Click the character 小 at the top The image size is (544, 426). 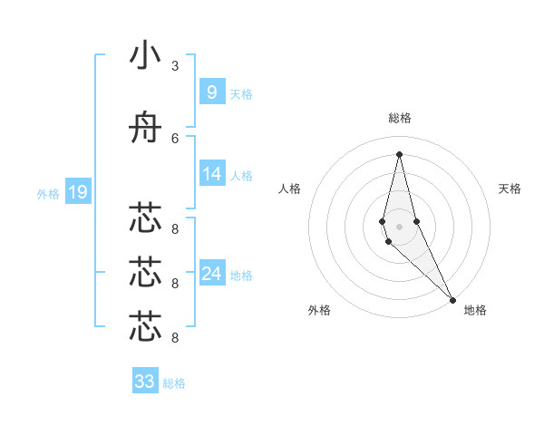pyautogui.click(x=145, y=55)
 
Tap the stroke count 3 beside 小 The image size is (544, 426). pyautogui.click(x=175, y=66)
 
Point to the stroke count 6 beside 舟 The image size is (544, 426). pyautogui.click(x=175, y=138)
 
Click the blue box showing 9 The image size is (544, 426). pyautogui.click(x=211, y=92)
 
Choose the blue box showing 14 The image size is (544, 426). pyautogui.click(x=211, y=173)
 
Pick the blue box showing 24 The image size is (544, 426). pyautogui.click(x=211, y=274)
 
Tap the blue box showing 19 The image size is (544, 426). pyautogui.click(x=77, y=191)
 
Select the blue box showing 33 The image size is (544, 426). pyautogui.click(x=144, y=382)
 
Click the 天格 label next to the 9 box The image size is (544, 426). pyautogui.click(x=241, y=93)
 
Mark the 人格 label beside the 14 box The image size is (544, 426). pyautogui.click(x=241, y=175)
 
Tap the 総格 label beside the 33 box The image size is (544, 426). pyautogui.click(x=174, y=383)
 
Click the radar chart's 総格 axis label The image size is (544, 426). pyautogui.click(x=400, y=118)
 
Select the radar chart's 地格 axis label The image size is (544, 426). pyautogui.click(x=475, y=310)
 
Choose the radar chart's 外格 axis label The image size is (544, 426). pyautogui.click(x=319, y=310)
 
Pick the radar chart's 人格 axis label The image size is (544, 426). pyautogui.click(x=290, y=189)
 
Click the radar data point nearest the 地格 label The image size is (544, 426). pyautogui.click(x=453, y=300)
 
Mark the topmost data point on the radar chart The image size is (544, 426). pyautogui.click(x=399, y=153)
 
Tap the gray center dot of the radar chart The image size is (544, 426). pyautogui.click(x=399, y=226)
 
